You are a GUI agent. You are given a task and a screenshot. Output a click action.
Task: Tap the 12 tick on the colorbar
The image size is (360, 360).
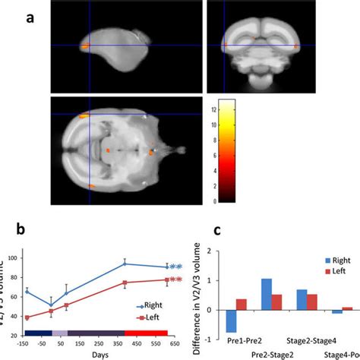tap(254, 109)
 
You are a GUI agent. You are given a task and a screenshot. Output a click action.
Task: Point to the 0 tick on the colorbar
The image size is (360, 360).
tap(251, 202)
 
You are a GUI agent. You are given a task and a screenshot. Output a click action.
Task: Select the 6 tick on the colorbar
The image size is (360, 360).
tap(251, 156)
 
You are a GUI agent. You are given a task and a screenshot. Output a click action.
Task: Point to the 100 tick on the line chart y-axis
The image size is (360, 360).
tap(16, 260)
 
